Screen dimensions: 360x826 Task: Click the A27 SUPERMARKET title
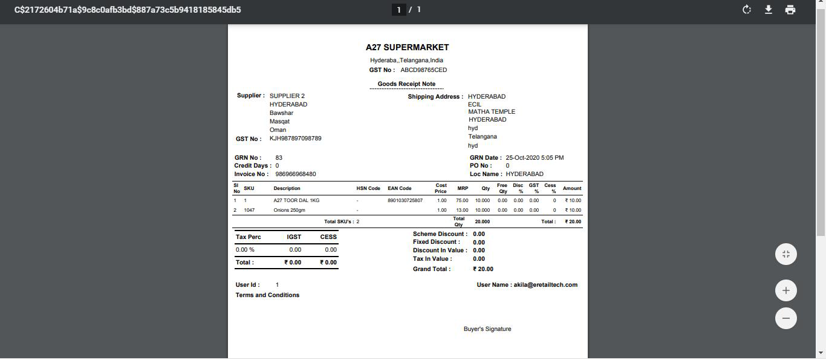[x=407, y=47]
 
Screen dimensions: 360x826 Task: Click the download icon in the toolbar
[x=768, y=10]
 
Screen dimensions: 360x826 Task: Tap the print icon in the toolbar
[x=790, y=10]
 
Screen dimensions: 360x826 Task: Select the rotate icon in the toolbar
[x=746, y=10]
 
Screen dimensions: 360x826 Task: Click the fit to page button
[x=785, y=255]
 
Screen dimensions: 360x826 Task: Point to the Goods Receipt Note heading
[x=406, y=84]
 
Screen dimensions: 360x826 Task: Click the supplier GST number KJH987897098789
[x=295, y=139]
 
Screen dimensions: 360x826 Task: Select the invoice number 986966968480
[x=295, y=174]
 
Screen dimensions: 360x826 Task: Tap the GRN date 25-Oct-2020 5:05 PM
[x=535, y=158]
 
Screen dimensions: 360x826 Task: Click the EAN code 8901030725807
[x=405, y=200]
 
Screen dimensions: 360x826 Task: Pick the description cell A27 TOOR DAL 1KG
[x=296, y=200]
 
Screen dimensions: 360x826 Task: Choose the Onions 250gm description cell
[x=289, y=211]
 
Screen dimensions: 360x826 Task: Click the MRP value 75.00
[x=462, y=200]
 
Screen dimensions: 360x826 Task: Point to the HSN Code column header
[x=368, y=189]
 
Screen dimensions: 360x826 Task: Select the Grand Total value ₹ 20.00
[x=483, y=269]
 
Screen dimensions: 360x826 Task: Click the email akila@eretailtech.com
[x=545, y=285]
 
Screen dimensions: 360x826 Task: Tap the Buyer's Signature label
[x=487, y=329]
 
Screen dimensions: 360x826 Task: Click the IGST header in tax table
[x=294, y=237]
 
